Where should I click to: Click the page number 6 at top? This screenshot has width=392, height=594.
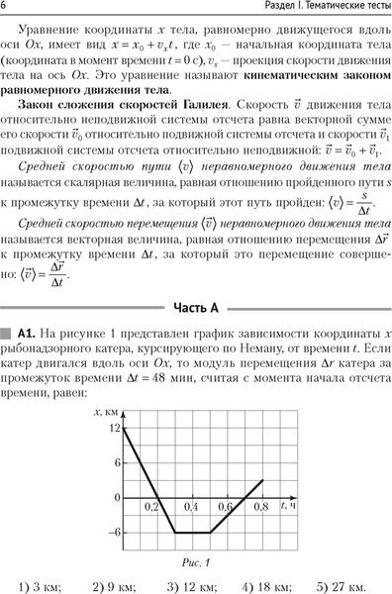click(x=8, y=9)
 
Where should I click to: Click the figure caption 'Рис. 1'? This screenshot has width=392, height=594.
click(x=196, y=560)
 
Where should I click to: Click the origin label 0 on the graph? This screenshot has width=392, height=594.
click(x=116, y=497)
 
